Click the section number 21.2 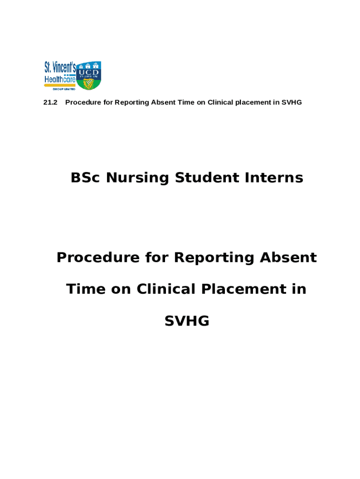point(50,102)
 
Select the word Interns point(274,178)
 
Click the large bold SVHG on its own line point(187,321)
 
